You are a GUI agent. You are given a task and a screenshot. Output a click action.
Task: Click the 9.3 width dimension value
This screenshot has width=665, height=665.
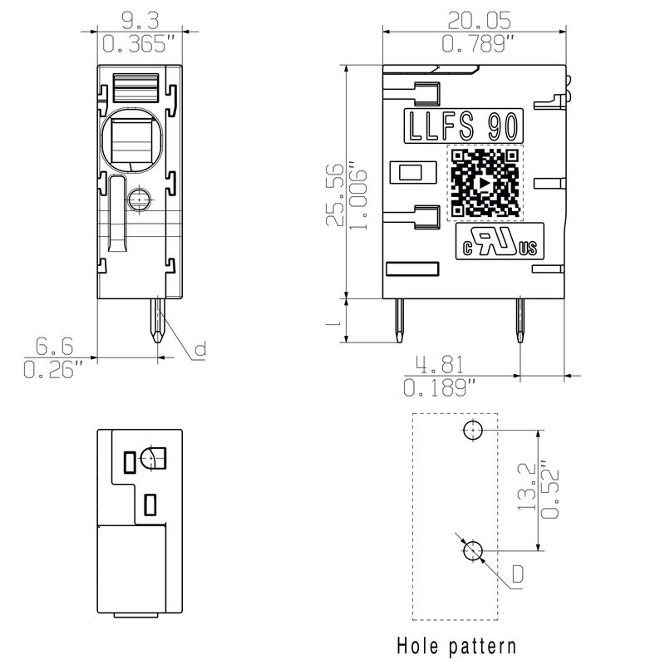pos(140,20)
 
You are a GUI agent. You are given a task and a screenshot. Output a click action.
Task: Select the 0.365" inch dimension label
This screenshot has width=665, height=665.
pos(139,44)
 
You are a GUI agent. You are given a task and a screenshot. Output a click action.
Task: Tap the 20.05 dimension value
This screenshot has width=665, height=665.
pos(480,20)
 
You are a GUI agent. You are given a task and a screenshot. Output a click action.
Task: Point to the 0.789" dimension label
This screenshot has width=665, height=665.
pos(478,44)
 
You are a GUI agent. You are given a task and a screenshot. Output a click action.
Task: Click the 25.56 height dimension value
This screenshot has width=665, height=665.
pos(335,195)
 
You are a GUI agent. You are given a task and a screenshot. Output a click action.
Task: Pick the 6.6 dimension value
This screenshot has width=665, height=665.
pos(54,346)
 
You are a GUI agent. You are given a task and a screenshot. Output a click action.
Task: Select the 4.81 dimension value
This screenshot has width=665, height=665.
pos(440,364)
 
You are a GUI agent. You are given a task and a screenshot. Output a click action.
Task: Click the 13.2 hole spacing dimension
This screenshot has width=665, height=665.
pos(527,486)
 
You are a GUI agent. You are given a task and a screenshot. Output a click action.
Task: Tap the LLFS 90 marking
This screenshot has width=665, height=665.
pos(463,126)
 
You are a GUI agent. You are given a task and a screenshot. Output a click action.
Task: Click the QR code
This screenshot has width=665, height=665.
pos(485,183)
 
